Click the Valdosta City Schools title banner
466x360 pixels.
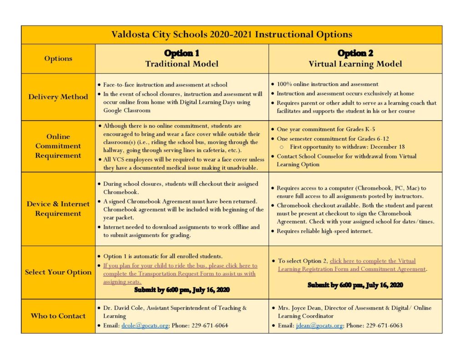[x=232, y=35]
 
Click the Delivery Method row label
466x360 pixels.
[x=58, y=96]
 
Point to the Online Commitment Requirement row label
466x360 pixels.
[x=58, y=146]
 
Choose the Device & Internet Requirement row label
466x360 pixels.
[x=58, y=208]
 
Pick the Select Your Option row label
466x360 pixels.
[x=58, y=272]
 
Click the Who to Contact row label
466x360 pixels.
[x=58, y=316]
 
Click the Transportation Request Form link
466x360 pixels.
[x=180, y=274]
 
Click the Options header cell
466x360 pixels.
[x=58, y=58]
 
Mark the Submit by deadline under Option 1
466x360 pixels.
[x=182, y=290]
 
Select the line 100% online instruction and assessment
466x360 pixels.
[x=327, y=84]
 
